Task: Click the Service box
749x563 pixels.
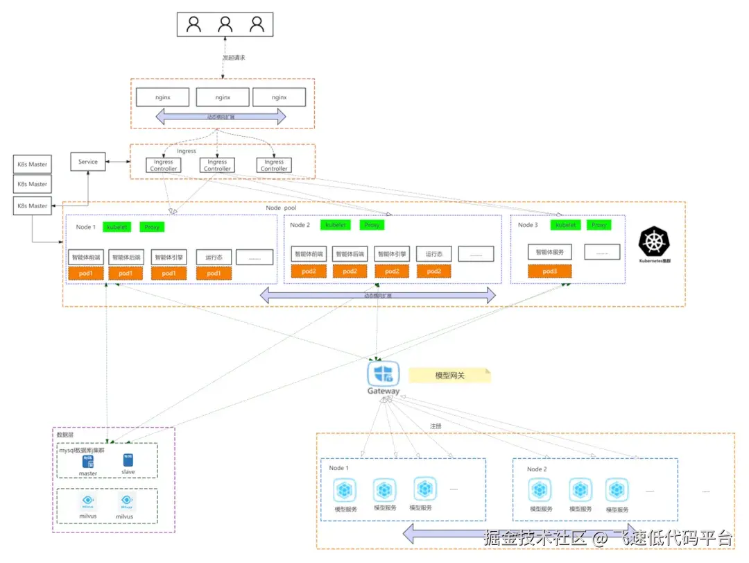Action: pos(88,162)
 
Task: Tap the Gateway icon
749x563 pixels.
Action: pos(383,373)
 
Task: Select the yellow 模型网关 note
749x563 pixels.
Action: pos(449,376)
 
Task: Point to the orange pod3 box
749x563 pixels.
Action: pos(550,271)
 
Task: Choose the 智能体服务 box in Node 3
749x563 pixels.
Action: pos(550,252)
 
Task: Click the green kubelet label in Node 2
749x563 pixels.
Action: pos(336,225)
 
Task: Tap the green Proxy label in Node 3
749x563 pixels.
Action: pos(599,225)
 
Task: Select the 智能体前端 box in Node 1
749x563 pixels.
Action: pos(86,257)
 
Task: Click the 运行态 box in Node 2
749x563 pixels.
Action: pos(434,254)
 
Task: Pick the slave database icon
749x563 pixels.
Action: pos(128,460)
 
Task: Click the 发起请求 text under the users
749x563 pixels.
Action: pos(234,58)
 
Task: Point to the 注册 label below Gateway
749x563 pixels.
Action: pos(436,426)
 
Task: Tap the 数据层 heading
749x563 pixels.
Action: pos(65,435)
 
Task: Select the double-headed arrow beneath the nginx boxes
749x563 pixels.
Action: pos(221,117)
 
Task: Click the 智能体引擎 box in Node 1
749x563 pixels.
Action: pos(169,257)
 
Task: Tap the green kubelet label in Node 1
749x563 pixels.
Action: pos(117,227)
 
